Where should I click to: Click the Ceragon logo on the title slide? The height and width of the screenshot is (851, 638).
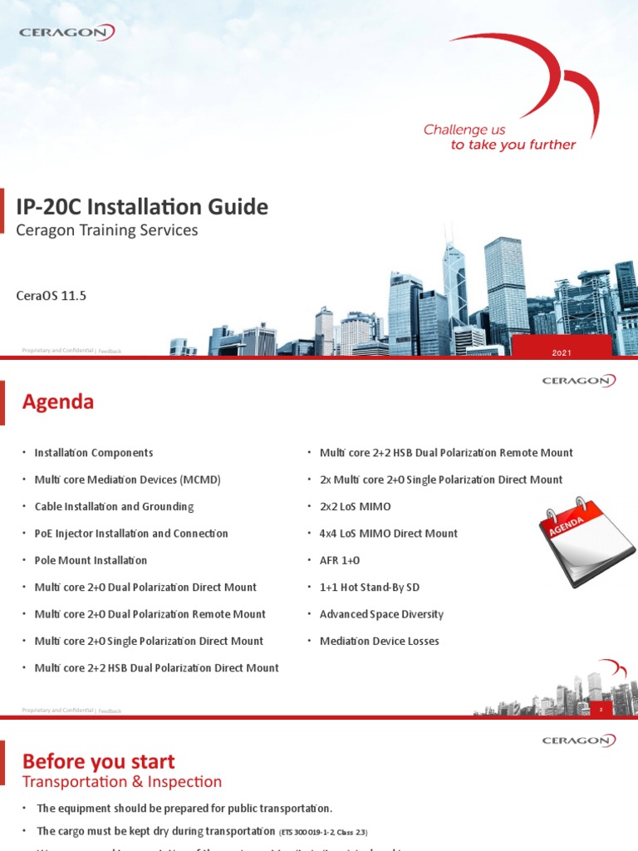pyautogui.click(x=66, y=32)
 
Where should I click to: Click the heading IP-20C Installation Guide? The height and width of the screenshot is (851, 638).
pyautogui.click(x=142, y=207)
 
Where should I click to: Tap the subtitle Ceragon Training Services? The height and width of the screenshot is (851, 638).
pyautogui.click(x=107, y=230)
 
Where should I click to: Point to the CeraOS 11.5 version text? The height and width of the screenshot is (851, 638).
pyautogui.click(x=52, y=295)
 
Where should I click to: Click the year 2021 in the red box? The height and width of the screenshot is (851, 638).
pyautogui.click(x=562, y=354)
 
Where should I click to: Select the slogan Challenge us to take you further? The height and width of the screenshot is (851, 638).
pyautogui.click(x=499, y=137)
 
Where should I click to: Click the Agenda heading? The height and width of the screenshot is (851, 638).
pyautogui.click(x=58, y=402)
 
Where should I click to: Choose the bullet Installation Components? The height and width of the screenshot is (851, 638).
pyautogui.click(x=94, y=453)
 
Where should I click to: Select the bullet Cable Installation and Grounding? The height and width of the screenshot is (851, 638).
pyautogui.click(x=114, y=506)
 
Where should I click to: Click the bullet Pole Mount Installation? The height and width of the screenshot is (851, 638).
pyautogui.click(x=91, y=560)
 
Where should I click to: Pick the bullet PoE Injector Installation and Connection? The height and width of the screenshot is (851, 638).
pyautogui.click(x=131, y=534)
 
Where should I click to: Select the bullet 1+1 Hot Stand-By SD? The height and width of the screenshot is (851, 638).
pyautogui.click(x=370, y=588)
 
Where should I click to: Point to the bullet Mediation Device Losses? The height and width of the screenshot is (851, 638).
pyautogui.click(x=380, y=641)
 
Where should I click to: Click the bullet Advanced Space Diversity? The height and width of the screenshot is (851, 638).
pyautogui.click(x=381, y=614)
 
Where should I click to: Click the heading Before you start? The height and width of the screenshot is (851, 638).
pyautogui.click(x=98, y=760)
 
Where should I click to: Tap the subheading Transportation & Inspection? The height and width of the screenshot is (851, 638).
pyautogui.click(x=122, y=782)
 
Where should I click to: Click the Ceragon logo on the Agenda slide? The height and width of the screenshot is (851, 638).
pyautogui.click(x=579, y=381)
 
